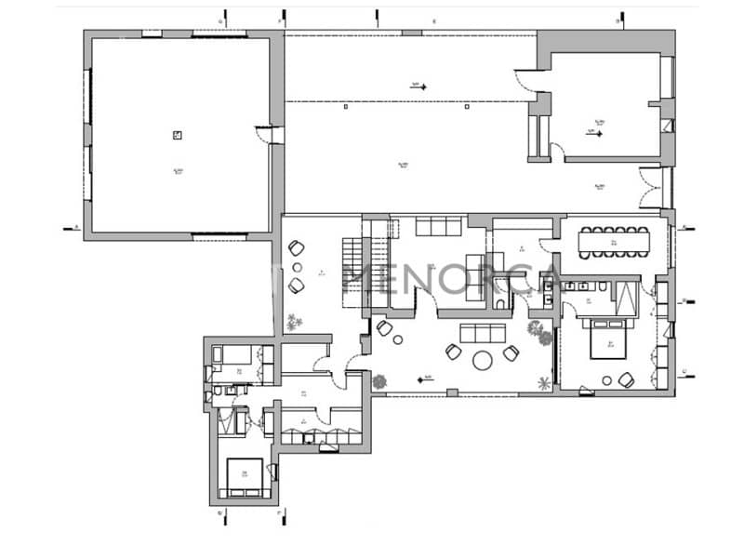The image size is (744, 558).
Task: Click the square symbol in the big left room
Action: pos(177,135)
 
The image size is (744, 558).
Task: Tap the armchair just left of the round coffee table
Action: pos(455,351)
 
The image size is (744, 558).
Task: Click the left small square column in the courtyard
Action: pos(347,107)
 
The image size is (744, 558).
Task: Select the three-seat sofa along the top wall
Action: pos(437,227)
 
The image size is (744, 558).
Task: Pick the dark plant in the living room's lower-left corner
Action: pos(379,381)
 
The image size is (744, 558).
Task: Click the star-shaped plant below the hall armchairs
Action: pos(297,323)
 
